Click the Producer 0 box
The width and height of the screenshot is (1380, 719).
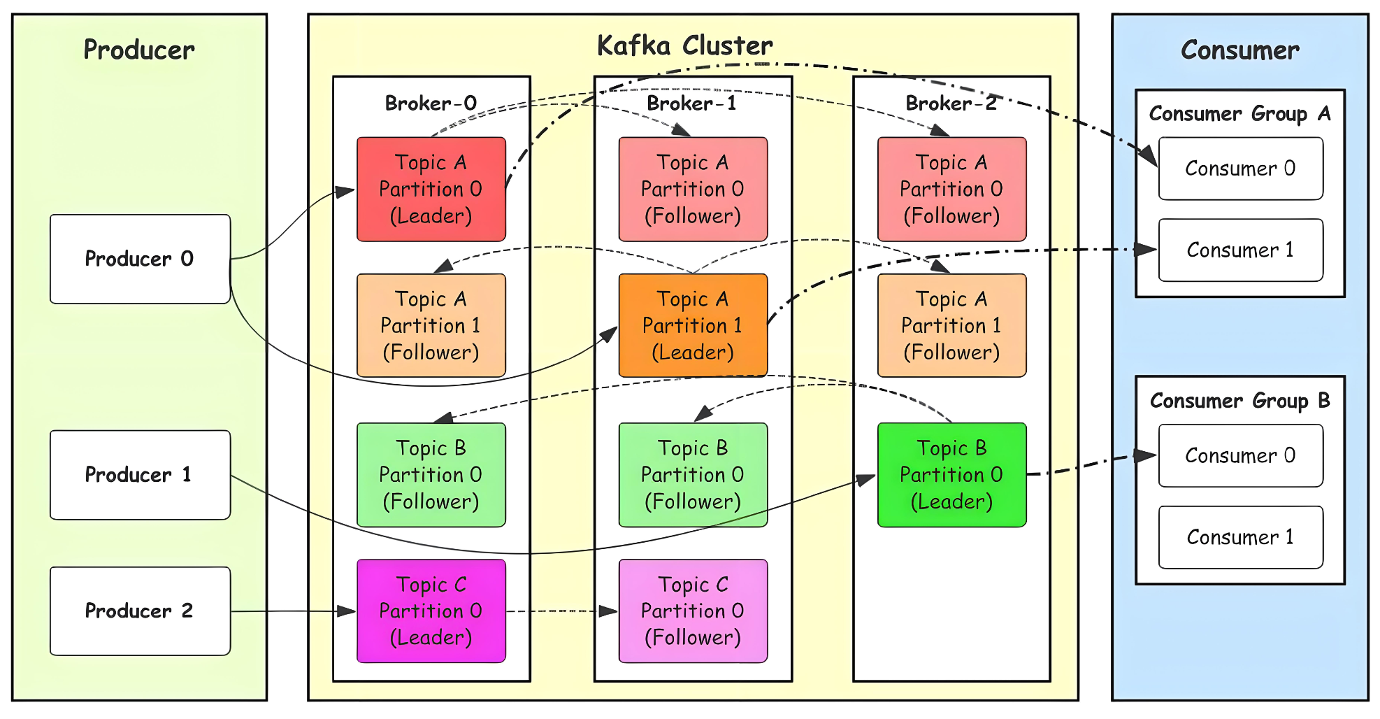pos(140,259)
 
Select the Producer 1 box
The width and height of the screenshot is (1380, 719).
pos(140,475)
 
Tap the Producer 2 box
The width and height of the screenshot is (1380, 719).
pos(140,611)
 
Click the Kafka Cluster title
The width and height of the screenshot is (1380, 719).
pos(684,46)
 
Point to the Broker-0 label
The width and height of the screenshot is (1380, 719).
pos(431,104)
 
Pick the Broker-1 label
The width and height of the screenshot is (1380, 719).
pos(691,104)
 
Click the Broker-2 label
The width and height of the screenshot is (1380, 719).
pos(951,104)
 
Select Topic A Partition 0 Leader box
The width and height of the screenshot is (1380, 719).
pos(431,190)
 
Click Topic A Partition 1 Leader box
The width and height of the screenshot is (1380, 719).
pos(693,326)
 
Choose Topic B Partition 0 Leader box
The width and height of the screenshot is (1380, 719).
pos(951,475)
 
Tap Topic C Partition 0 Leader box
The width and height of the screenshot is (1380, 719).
pos(431,611)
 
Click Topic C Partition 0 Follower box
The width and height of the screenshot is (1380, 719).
pos(693,611)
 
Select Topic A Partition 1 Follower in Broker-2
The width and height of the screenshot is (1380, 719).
pos(951,326)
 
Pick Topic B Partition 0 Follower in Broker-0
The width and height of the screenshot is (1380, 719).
pos(431,475)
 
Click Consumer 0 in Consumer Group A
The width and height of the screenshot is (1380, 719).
pos(1240,169)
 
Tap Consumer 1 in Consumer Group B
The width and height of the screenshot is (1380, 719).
pos(1240,537)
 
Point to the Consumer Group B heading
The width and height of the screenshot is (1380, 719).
pos(1239,401)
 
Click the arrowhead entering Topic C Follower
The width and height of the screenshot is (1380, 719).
pos(610,611)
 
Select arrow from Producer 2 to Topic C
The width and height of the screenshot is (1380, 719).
pos(294,611)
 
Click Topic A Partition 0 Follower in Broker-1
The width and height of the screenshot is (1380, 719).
pos(693,190)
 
